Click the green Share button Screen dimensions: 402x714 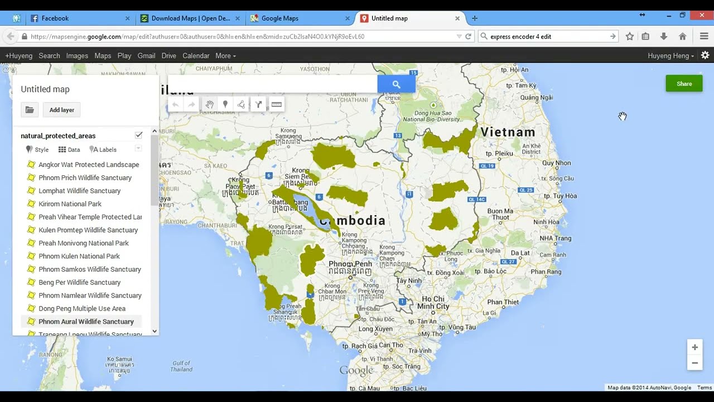click(684, 84)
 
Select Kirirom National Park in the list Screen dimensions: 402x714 click(70, 204)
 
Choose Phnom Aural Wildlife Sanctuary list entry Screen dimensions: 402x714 click(86, 322)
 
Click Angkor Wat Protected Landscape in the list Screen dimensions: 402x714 click(89, 165)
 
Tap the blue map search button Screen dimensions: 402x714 click(396, 84)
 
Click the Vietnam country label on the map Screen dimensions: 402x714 click(508, 132)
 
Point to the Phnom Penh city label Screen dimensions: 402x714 click(350, 264)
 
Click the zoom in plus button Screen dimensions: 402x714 click(694, 347)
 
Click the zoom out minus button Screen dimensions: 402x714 click(694, 363)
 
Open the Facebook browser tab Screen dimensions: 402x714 click(55, 18)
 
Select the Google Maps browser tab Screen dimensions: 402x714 click(279, 18)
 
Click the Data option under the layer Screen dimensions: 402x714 click(69, 150)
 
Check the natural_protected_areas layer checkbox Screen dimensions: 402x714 click(138, 135)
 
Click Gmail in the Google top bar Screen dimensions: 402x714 click(146, 56)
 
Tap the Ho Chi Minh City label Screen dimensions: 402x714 click(433, 303)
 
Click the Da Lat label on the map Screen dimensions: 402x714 click(520, 253)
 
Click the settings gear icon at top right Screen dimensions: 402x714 click(705, 55)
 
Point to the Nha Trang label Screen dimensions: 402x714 click(555, 238)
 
